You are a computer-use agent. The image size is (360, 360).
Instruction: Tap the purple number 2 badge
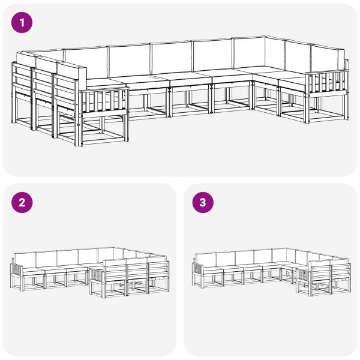tap(22, 202)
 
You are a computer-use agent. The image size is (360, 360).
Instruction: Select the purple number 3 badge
tap(202, 202)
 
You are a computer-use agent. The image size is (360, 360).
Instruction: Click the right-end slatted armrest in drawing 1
tap(327, 83)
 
